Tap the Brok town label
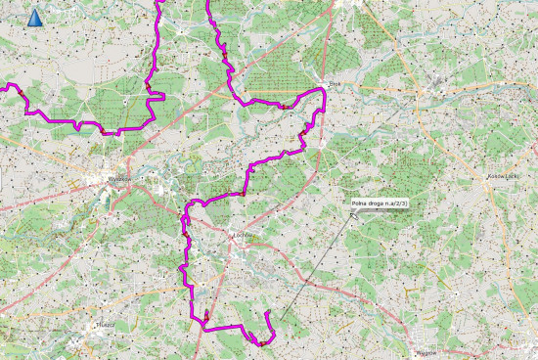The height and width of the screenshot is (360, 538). click(x=334, y=84)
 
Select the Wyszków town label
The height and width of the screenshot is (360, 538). click(x=120, y=179)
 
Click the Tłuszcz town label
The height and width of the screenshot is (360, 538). click(x=105, y=323)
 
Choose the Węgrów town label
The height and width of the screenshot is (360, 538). click(x=426, y=349)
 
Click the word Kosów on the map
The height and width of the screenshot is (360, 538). click(x=494, y=176)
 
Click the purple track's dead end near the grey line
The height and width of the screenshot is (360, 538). click(x=267, y=313)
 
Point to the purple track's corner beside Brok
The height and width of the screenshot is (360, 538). click(x=323, y=91)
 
